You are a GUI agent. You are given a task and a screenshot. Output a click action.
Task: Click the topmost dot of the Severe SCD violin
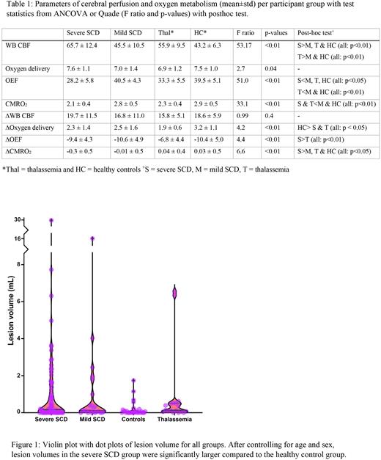pyautogui.click(x=51, y=220)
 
